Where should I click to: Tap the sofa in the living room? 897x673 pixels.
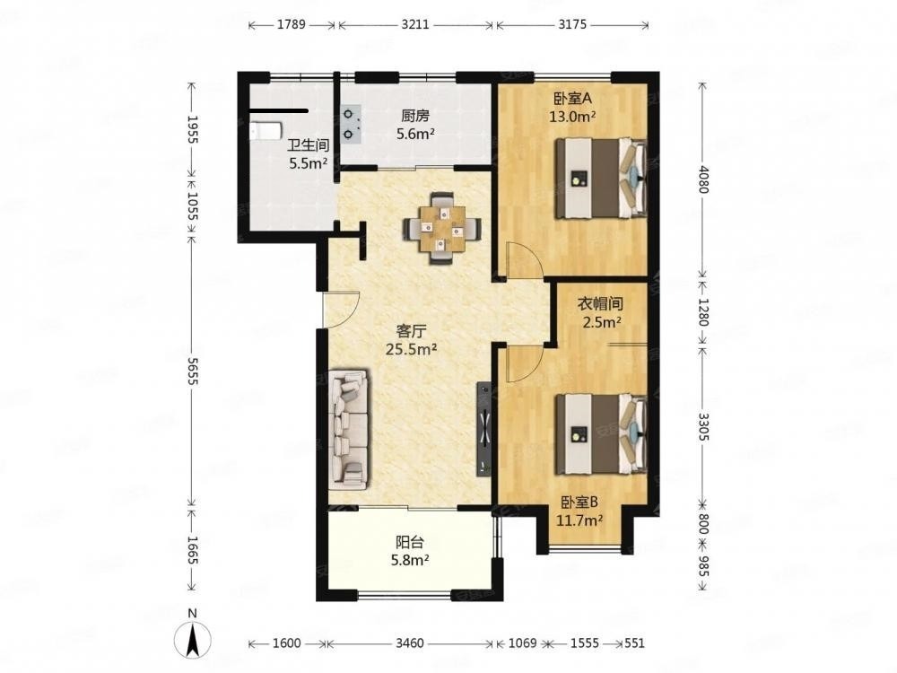[x=348, y=430]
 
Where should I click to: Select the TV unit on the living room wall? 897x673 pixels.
[x=484, y=428]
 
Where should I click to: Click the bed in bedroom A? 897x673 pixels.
[x=601, y=178]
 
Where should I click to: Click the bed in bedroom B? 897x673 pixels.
[x=601, y=433]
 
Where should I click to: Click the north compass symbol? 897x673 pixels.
[x=193, y=635]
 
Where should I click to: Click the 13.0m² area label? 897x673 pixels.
[x=572, y=117]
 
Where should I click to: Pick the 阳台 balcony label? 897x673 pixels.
[x=410, y=541]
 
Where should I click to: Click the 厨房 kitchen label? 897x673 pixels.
[x=414, y=116]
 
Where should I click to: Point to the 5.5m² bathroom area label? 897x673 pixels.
[x=308, y=163]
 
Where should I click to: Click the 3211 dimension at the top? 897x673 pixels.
[x=415, y=24]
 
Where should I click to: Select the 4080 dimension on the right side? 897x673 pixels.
[x=703, y=179]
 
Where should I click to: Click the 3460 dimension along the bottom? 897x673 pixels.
[x=410, y=643]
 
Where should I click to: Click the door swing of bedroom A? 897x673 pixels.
[x=525, y=260]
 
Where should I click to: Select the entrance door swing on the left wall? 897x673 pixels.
[x=341, y=309]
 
